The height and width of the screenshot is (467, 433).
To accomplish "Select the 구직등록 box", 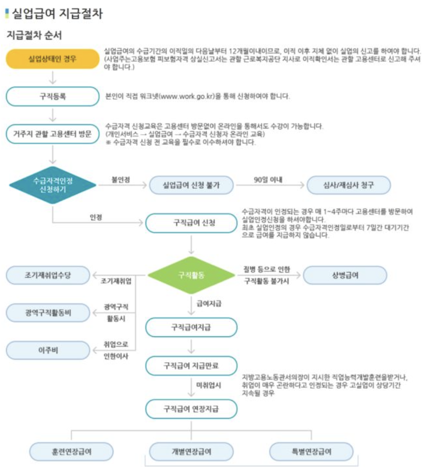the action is [x=52, y=97].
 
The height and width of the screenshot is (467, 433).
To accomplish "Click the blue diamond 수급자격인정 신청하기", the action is [x=52, y=186].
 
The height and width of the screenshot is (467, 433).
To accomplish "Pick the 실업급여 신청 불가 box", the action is [x=192, y=186].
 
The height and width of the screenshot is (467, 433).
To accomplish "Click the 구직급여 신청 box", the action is [x=192, y=223].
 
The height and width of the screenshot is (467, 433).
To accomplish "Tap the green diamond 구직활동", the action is [x=192, y=275].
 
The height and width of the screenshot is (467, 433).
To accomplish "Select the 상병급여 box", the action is [x=345, y=275].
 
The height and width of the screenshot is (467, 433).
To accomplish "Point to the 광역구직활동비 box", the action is [x=48, y=313].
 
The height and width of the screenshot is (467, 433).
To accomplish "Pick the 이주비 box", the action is [x=48, y=351].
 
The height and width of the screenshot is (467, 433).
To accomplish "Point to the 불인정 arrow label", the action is [x=121, y=179].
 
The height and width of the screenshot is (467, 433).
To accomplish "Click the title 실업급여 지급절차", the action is [x=57, y=14].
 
